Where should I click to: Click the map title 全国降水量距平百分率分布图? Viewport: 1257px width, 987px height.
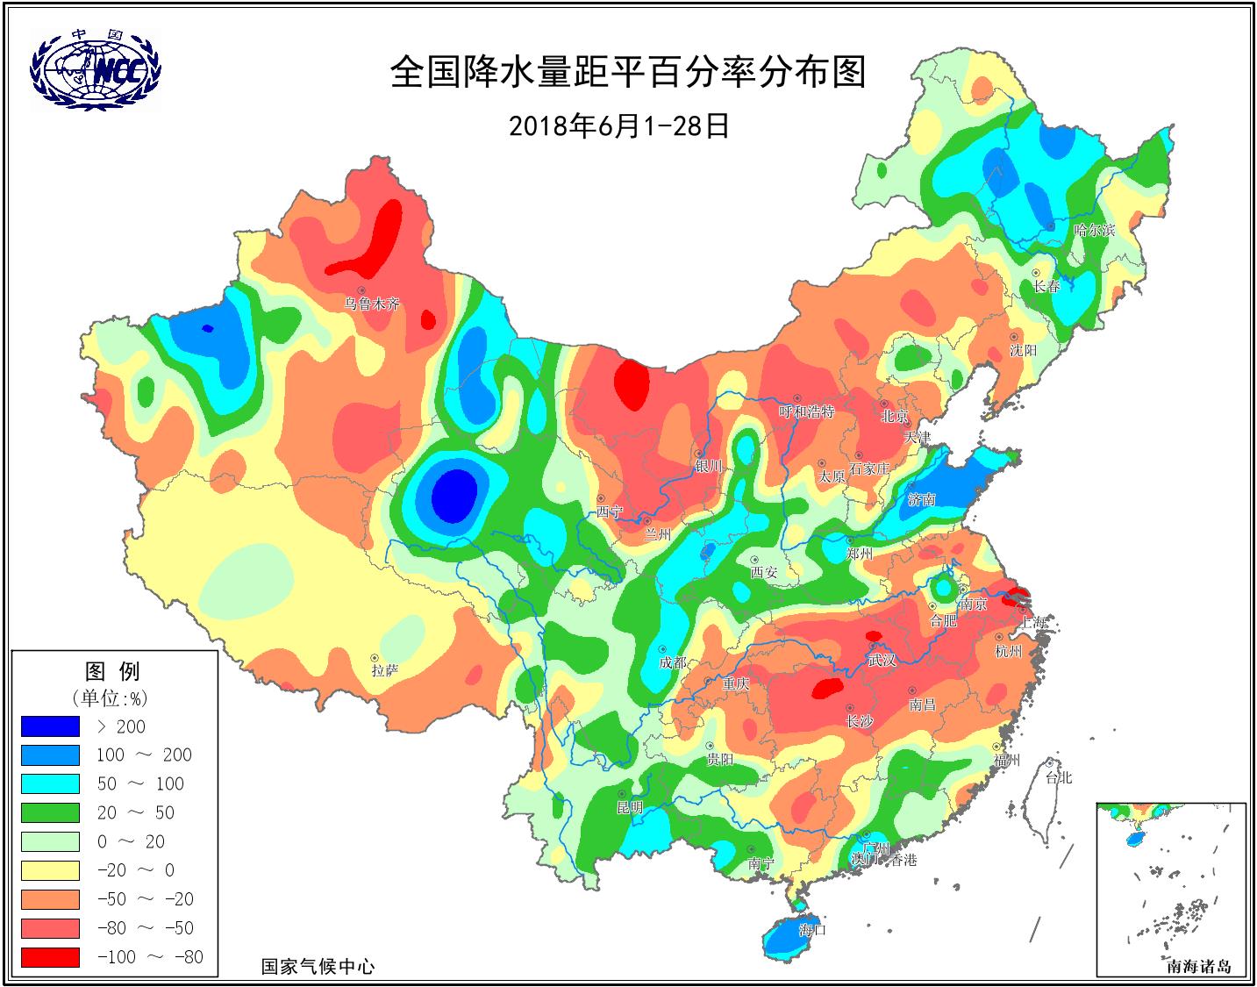click(627, 72)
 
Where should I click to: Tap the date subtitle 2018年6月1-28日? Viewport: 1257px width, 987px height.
click(619, 126)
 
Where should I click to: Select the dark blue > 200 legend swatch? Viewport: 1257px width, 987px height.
click(50, 726)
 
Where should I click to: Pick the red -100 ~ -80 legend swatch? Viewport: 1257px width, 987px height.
click(50, 957)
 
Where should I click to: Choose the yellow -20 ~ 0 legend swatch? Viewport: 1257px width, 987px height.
click(50, 870)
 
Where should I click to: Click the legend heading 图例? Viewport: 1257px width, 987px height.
click(112, 672)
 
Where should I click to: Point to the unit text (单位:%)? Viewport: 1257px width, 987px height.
click(110, 698)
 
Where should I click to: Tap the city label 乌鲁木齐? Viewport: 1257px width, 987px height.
click(371, 304)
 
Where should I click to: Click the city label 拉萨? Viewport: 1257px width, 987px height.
click(384, 670)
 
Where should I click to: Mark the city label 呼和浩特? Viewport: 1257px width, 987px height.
click(806, 411)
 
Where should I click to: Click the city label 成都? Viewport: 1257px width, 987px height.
click(673, 663)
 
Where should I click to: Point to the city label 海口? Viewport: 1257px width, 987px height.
click(813, 929)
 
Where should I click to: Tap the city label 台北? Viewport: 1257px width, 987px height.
click(1058, 778)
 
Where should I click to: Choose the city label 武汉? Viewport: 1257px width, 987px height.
click(882, 660)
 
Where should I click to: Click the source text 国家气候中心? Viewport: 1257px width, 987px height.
click(318, 967)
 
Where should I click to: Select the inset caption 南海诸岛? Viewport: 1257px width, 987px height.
click(1198, 967)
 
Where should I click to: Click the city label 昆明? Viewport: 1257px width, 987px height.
click(630, 807)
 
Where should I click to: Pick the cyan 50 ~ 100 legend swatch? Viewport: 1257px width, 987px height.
click(50, 783)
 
